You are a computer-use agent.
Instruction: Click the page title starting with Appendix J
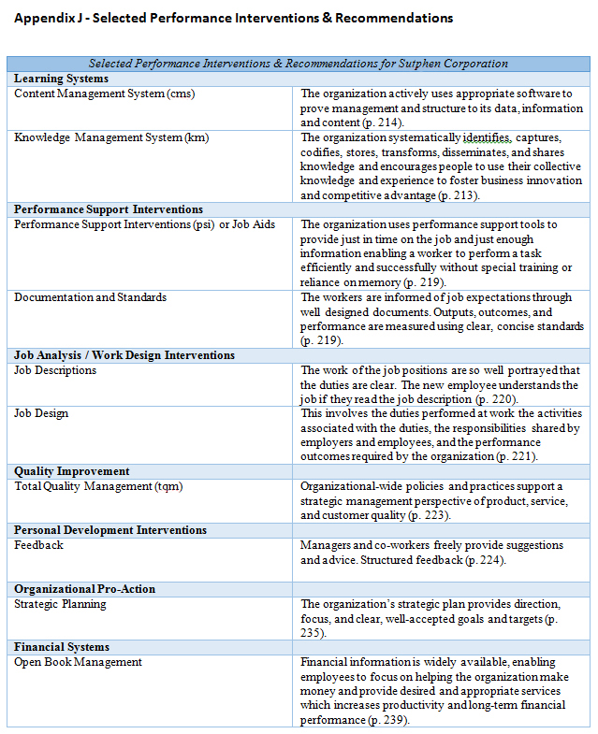[233, 18]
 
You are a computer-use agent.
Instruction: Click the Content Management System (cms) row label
[104, 94]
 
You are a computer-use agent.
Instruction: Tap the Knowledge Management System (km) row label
[111, 137]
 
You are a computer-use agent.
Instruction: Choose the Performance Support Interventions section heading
[108, 209]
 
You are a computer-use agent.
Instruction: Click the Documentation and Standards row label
[90, 297]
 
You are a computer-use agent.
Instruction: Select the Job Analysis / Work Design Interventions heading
[124, 355]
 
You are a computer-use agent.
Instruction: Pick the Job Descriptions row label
[55, 370]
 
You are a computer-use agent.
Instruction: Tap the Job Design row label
[41, 413]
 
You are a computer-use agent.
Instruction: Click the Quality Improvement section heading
[71, 471]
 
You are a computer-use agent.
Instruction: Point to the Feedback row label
[38, 544]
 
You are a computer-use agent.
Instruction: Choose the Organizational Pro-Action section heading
[84, 589]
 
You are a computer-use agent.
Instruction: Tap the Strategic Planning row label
[60, 604]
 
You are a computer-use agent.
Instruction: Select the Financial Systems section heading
[61, 647]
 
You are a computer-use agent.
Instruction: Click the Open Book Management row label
[78, 662]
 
